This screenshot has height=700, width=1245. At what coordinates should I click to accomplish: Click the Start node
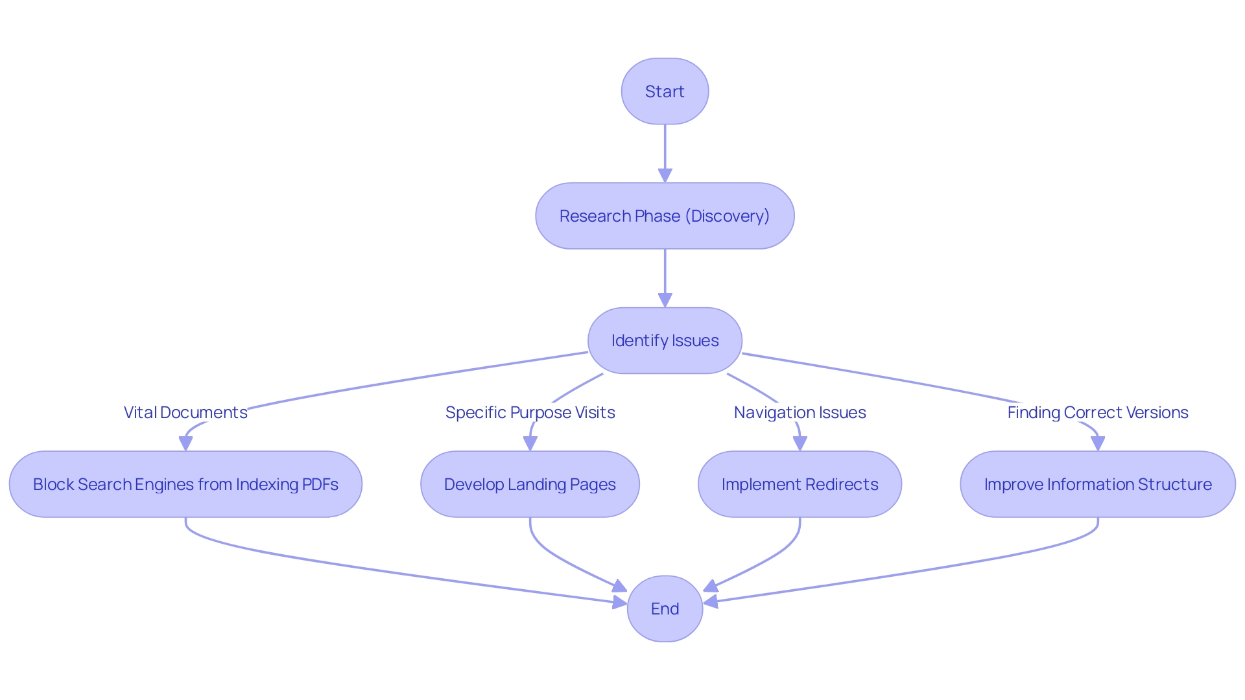[665, 91]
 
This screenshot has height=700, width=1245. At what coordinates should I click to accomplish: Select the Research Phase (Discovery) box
[665, 216]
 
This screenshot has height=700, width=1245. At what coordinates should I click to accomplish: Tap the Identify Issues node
[665, 340]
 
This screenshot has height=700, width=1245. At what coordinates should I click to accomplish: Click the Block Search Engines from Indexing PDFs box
[185, 484]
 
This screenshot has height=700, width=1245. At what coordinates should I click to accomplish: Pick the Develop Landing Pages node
[530, 484]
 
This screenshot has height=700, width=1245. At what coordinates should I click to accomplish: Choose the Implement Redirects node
[800, 484]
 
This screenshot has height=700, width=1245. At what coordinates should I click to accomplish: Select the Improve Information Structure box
[1097, 484]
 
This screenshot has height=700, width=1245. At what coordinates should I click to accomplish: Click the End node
[665, 609]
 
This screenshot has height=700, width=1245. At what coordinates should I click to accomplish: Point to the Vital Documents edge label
[185, 412]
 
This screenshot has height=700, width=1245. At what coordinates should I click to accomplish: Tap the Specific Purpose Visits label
[530, 412]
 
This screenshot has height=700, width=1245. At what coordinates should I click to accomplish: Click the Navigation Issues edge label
[800, 412]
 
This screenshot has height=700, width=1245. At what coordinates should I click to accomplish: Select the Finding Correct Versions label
[1097, 412]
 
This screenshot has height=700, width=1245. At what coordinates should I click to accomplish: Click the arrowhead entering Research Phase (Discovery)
[665, 175]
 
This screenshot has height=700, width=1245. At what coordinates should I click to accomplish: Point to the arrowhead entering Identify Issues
[665, 299]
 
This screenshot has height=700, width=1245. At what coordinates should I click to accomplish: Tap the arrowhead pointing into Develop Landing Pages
[530, 443]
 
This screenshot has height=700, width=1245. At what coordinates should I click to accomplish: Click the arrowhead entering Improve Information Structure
[1097, 443]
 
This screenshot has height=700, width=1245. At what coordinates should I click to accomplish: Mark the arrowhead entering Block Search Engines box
[185, 443]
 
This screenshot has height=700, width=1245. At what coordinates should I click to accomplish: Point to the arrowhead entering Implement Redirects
[800, 443]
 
